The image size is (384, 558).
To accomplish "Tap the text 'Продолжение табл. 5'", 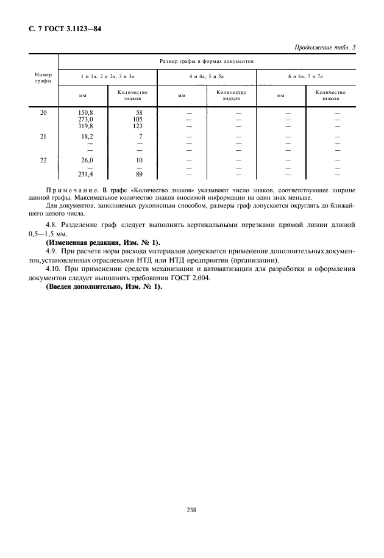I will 325,48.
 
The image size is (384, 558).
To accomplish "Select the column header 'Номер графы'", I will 43,78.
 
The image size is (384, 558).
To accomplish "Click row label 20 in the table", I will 43,113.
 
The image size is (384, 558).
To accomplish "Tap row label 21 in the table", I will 43,137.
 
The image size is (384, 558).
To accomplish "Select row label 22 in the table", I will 43,161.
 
